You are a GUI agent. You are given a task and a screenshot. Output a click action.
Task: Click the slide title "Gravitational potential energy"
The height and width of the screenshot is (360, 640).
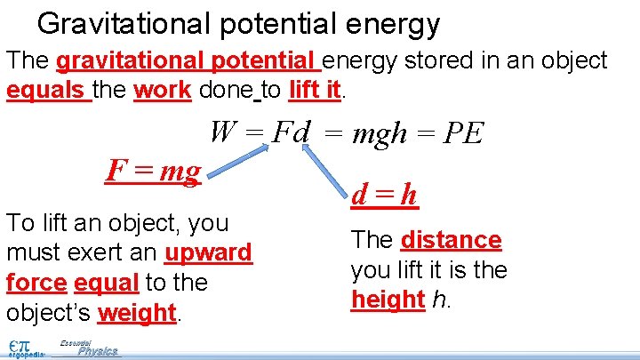tap(238, 24)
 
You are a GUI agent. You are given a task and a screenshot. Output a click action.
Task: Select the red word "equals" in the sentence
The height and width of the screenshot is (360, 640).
tap(47, 90)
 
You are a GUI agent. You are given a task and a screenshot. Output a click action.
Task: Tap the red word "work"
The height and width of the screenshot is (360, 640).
tap(162, 90)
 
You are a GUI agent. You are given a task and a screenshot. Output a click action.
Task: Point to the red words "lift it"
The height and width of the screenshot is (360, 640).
tap(315, 90)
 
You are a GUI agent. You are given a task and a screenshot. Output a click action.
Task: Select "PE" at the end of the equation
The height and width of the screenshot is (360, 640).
tap(463, 134)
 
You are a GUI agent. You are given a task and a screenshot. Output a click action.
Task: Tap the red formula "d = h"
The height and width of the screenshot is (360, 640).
tap(385, 195)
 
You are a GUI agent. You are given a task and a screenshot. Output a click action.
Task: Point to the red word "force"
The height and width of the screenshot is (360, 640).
tap(36, 283)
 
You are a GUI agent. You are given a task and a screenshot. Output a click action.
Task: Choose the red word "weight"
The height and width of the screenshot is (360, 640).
tap(136, 313)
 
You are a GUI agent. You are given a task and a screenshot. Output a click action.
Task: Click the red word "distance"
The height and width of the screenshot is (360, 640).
tap(452, 240)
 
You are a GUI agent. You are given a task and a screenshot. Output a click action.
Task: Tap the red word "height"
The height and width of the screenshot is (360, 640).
tap(387, 300)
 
